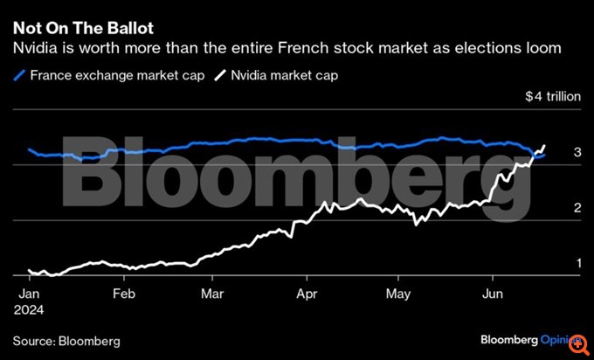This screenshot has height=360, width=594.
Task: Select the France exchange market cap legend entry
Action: [117, 76]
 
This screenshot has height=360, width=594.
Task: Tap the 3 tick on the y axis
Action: [577, 153]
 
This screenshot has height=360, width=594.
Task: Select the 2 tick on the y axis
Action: [577, 208]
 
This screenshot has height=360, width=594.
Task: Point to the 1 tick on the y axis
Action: [577, 263]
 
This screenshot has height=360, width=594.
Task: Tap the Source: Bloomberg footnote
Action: [66, 340]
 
